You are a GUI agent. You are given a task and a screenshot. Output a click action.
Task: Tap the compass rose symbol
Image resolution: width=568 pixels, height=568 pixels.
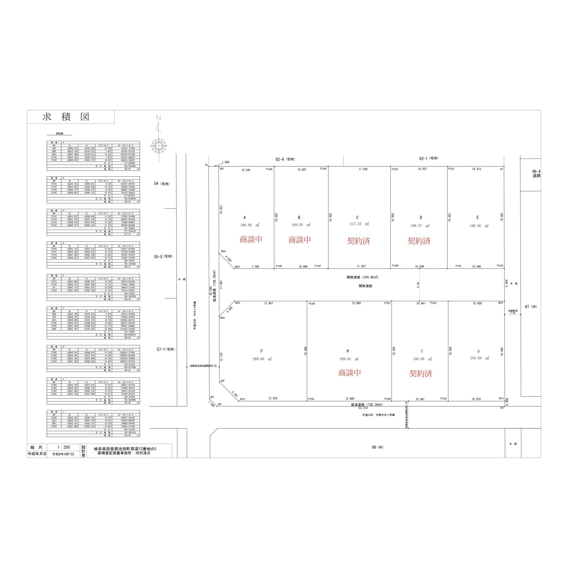coord(159,146)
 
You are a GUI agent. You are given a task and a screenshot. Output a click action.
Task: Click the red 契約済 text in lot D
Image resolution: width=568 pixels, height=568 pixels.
coord(419,241)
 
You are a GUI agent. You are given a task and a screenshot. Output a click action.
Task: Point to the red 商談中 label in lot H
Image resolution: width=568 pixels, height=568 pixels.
coord(349,373)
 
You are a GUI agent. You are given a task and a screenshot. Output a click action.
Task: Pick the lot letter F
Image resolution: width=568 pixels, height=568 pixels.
coord(261,351)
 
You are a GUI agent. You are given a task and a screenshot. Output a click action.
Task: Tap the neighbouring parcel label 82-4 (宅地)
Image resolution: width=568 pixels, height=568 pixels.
coord(285,159)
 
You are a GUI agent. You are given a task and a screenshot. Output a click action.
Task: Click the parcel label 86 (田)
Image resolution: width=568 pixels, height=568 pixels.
coord(377,447)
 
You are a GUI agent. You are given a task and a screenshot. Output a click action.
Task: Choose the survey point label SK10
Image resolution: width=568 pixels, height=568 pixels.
coord(242,399)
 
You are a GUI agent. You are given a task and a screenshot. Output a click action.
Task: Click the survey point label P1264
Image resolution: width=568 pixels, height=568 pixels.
coord(312,304)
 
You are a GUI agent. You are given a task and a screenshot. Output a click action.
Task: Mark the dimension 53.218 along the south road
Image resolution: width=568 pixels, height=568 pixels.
coord(363,408)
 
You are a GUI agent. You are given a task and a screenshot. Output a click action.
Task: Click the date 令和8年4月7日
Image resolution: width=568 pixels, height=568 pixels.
coord(63,454)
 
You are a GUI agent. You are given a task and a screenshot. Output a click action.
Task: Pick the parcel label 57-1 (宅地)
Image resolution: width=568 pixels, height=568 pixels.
coord(166,349)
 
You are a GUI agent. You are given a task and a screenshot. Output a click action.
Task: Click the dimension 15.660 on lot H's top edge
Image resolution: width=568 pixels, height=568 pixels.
coord(356,303)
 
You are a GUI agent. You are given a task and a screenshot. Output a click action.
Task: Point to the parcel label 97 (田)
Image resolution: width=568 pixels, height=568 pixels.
coord(531,307)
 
